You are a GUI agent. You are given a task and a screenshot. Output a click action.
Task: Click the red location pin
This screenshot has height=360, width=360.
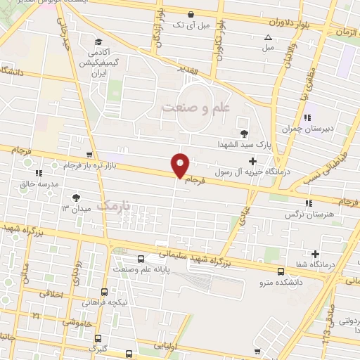[x=181, y=165]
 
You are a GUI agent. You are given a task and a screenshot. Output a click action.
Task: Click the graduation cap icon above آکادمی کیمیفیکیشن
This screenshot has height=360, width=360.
[x=98, y=41]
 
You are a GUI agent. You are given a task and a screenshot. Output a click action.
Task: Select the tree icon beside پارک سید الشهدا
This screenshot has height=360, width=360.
[x=244, y=133]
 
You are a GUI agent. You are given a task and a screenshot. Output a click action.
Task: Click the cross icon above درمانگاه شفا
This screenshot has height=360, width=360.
[x=315, y=254]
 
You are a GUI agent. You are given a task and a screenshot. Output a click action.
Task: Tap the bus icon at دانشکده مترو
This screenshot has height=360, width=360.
[x=281, y=271]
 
